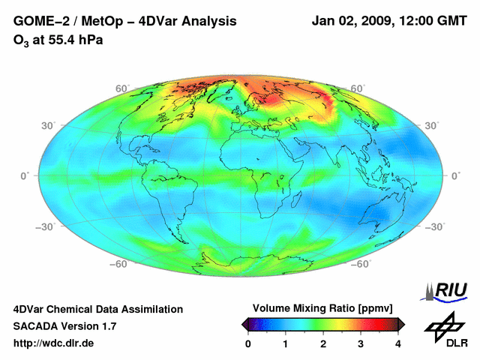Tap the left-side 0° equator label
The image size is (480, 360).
25,175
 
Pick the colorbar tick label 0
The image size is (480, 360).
248,343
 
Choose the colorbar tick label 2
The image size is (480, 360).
323,343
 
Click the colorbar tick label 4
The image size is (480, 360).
398,343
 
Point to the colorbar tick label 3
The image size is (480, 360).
361,343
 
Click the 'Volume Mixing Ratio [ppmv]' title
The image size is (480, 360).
322,309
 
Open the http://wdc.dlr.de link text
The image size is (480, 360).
54,343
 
